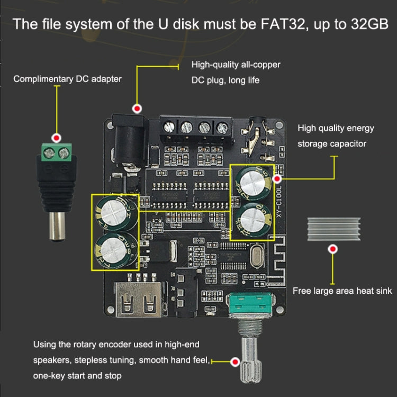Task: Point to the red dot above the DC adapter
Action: [56, 136]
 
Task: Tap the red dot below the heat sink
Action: [332, 249]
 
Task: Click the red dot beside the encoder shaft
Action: [235, 362]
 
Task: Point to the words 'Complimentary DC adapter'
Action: [67, 79]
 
